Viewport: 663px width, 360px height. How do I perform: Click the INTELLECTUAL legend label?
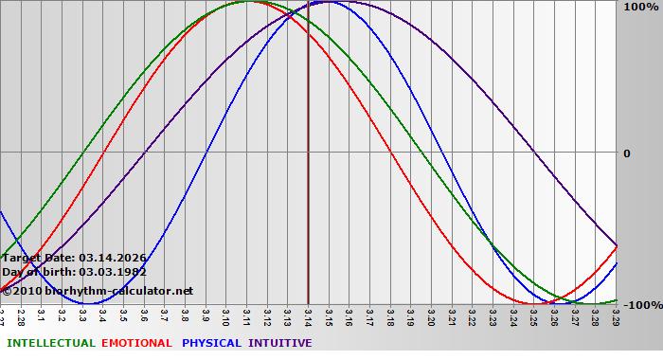pyautogui.click(x=50, y=343)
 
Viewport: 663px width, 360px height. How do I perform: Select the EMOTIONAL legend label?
pyautogui.click(x=136, y=343)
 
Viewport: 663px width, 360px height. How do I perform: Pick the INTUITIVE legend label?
pyautogui.click(x=279, y=343)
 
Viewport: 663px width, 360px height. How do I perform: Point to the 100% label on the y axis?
pyautogui.click(x=639, y=8)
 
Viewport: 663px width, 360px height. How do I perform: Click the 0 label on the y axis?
pyautogui.click(x=626, y=153)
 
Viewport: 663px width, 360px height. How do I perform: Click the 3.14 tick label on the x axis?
pyautogui.click(x=309, y=315)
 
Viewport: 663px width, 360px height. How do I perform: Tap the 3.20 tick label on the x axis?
pyautogui.click(x=431, y=315)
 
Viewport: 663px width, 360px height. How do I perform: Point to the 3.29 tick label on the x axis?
pyautogui.click(x=616, y=315)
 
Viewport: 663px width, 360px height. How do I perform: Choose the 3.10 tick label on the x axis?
pyautogui.click(x=227, y=315)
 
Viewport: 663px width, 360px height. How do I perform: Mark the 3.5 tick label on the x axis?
pyautogui.click(x=124, y=315)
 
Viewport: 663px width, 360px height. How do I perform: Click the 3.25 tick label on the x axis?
pyautogui.click(x=534, y=315)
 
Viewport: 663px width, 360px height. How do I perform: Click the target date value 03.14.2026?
pyautogui.click(x=113, y=258)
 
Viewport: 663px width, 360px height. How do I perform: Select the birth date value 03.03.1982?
pyautogui.click(x=113, y=273)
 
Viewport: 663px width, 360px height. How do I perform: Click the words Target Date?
pyautogui.click(x=39, y=258)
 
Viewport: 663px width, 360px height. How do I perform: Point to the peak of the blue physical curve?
pyautogui.click(x=329, y=2)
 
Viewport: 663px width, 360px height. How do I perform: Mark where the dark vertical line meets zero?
pyautogui.click(x=309, y=152)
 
